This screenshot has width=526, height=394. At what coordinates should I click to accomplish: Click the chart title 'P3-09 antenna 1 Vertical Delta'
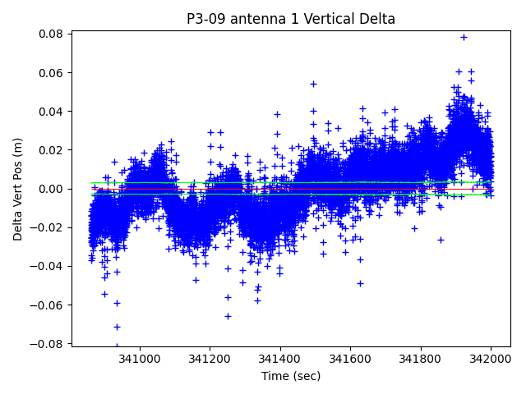[290, 19]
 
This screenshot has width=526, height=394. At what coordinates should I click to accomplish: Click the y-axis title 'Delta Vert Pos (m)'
[18, 189]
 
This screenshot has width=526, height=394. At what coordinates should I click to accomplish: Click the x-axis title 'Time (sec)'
[291, 376]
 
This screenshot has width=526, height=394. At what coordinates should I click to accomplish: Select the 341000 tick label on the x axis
[140, 360]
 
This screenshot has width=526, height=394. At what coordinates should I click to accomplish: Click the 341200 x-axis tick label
[210, 360]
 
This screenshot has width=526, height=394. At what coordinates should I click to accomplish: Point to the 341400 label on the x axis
[280, 360]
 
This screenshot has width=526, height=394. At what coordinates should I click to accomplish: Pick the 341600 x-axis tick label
[351, 360]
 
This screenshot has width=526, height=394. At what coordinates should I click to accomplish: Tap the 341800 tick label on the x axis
[422, 360]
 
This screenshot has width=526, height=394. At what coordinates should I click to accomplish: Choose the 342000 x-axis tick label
[491, 360]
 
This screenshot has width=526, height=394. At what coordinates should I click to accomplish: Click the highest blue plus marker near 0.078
[464, 37]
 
